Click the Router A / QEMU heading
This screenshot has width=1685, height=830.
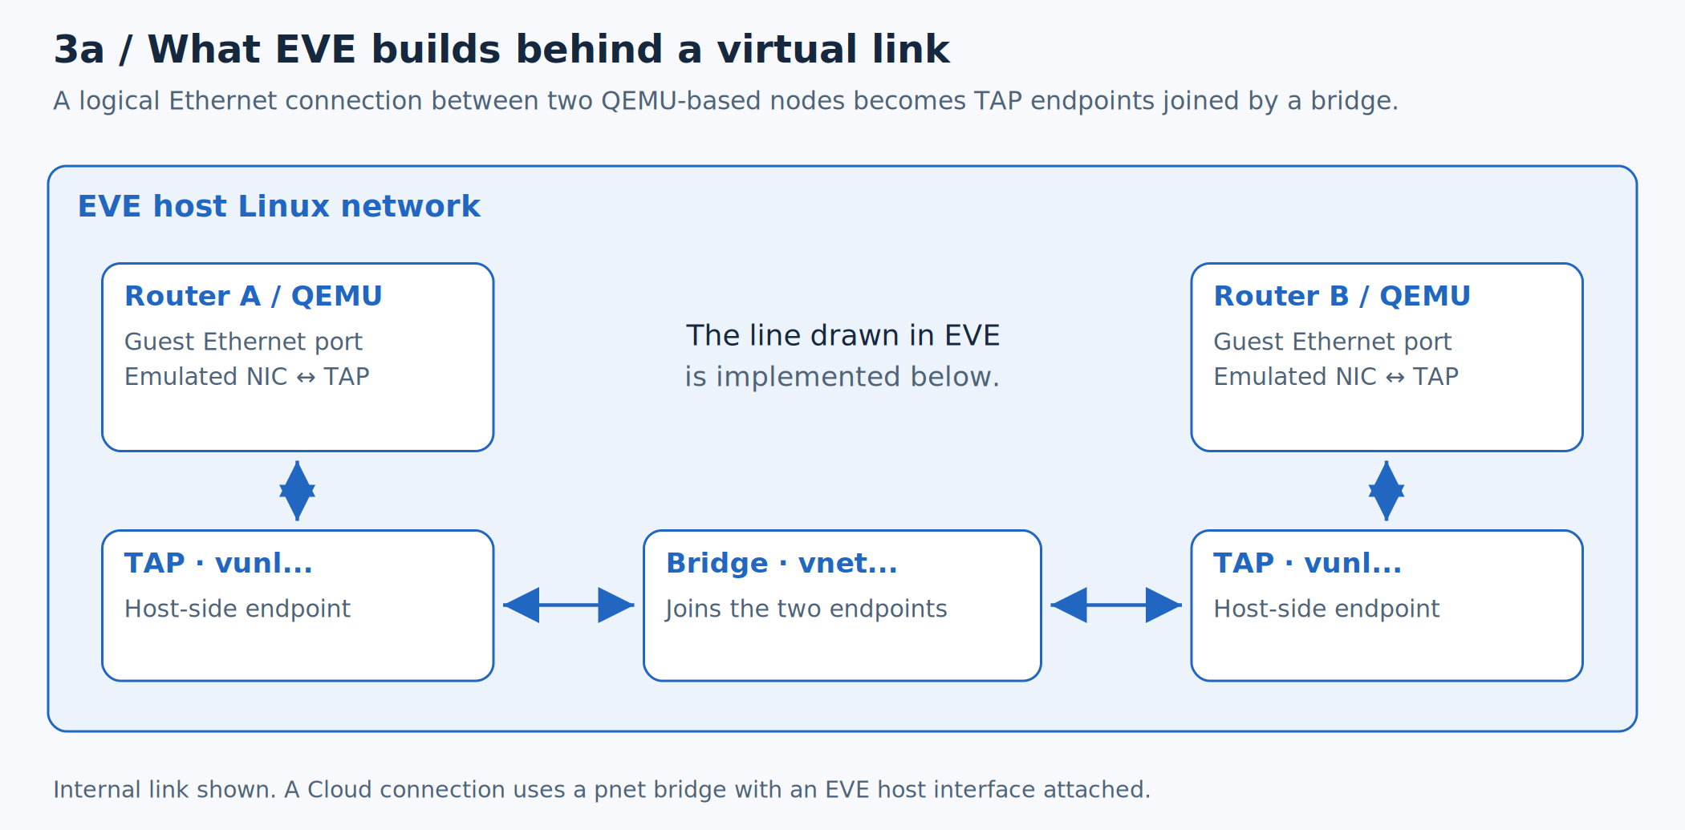[254, 296]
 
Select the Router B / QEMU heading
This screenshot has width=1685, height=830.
[1342, 296]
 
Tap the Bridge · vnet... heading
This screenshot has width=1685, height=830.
[782, 563]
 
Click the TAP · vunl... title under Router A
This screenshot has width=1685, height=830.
[218, 563]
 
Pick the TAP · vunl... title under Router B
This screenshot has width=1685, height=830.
[1308, 563]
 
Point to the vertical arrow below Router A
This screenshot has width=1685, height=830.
[298, 491]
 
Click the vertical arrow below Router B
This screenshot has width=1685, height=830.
[1387, 491]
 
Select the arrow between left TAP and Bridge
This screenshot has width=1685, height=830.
[569, 605]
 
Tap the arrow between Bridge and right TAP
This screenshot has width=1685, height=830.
[1116, 605]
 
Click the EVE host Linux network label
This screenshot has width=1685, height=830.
[279, 206]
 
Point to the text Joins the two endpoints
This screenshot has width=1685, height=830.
[806, 609]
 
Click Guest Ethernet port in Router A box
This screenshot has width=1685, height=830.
[243, 342]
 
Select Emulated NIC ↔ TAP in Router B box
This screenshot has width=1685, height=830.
[1336, 376]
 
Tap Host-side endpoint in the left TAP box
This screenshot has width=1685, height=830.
[238, 609]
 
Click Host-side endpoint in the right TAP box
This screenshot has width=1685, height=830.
[1327, 609]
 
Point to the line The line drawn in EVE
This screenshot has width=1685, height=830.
[842, 335]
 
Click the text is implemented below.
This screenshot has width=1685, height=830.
[842, 376]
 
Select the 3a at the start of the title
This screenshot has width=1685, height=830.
[79, 50]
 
